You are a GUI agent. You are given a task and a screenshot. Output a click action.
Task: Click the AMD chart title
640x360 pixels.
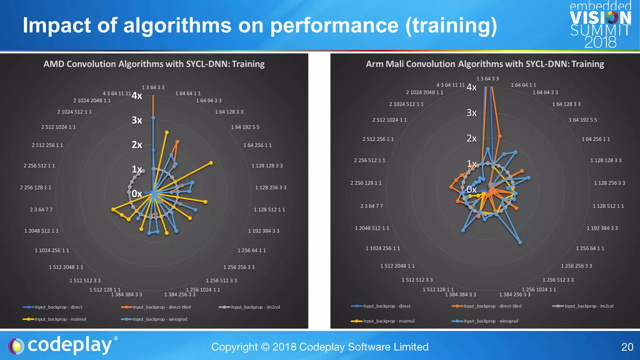[x=154, y=64]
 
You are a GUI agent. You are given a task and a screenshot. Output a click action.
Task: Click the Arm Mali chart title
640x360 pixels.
[x=485, y=64]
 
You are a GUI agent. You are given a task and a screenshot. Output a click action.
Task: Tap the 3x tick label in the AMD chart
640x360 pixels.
[x=137, y=120]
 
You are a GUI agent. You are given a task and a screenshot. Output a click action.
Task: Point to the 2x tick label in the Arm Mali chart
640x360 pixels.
[x=472, y=138]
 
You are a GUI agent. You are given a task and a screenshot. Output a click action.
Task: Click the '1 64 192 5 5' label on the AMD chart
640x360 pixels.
[x=245, y=127]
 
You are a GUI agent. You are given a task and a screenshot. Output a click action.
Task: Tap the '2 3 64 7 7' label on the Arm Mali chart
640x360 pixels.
[x=371, y=206]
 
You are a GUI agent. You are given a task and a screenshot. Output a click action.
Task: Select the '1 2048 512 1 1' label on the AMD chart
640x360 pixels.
[x=41, y=231]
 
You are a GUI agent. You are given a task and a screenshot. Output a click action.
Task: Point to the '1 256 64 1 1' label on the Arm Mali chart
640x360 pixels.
[x=590, y=248]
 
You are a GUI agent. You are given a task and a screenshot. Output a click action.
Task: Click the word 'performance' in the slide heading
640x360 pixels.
[x=334, y=26]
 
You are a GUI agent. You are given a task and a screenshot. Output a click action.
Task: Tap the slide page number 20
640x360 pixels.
[x=627, y=347]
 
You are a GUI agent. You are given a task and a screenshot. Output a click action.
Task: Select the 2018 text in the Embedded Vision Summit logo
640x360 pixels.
[x=600, y=42]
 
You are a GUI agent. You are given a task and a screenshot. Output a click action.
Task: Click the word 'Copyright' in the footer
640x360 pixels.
[x=234, y=347]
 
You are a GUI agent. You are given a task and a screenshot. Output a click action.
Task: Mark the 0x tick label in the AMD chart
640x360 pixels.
[x=137, y=194]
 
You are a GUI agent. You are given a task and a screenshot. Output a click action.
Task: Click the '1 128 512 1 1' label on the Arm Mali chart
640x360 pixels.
[x=608, y=206]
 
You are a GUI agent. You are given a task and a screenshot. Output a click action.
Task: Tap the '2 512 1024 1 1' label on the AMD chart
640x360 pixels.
[x=58, y=127]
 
